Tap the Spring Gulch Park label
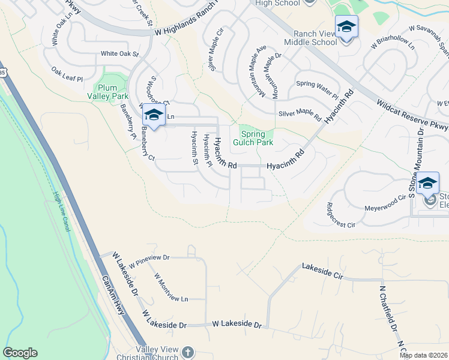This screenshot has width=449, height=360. [256, 138]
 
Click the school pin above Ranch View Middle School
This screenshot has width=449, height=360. [347, 28]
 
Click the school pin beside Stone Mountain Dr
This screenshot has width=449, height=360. [428, 184]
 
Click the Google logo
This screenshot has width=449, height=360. [20, 353]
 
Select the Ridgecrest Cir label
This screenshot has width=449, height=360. [341, 216]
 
